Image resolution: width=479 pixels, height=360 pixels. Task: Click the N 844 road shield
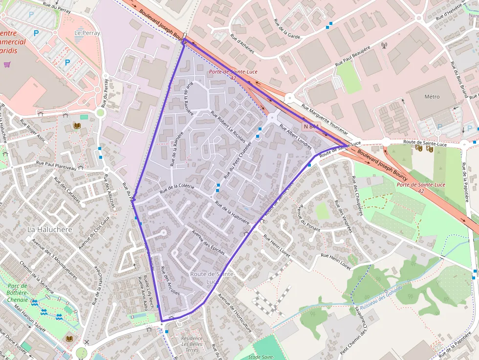click(x=311, y=127)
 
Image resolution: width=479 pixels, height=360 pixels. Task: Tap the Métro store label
click(x=432, y=97)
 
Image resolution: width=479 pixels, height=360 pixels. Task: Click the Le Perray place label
click(x=87, y=33)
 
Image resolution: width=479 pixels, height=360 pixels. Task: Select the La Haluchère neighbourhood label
click(x=50, y=229)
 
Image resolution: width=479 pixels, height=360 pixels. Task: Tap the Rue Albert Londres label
click(x=295, y=136)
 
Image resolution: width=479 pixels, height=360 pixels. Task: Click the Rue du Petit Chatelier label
click(x=237, y=160)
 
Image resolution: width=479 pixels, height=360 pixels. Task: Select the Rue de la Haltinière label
click(x=232, y=213)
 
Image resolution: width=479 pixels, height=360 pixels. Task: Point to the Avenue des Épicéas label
click(x=208, y=242)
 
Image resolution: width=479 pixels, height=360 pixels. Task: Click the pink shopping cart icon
click(x=7, y=64)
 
